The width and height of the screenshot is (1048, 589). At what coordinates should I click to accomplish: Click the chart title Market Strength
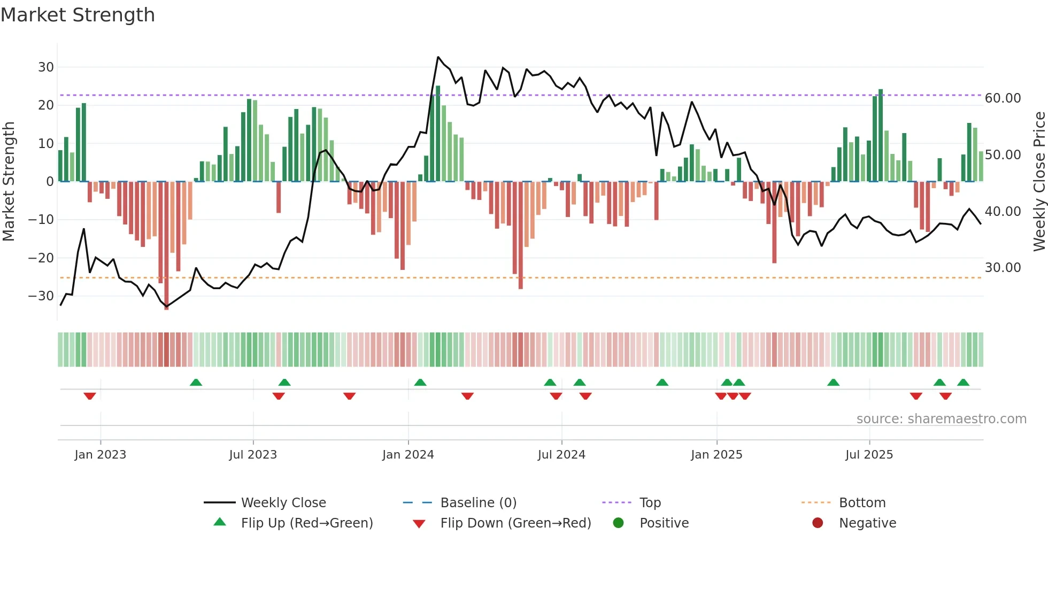point(78,15)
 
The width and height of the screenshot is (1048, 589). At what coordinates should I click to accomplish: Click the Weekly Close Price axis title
point(1039,181)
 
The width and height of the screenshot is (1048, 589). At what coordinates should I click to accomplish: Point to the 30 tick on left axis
point(46,67)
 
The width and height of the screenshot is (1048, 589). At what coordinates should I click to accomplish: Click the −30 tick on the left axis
point(41,296)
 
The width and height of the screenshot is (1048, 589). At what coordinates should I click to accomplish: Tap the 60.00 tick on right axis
point(1003,98)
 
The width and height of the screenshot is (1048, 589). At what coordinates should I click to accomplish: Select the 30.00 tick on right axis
point(1003,268)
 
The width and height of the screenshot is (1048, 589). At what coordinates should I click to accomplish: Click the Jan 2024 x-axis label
point(408,455)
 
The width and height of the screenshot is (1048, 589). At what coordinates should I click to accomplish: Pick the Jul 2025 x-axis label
point(869,455)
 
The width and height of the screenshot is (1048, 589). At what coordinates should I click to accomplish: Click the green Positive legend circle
point(619,523)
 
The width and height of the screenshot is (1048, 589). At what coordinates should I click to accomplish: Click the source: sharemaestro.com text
point(941,419)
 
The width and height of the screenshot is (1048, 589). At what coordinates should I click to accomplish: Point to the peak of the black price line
point(438,57)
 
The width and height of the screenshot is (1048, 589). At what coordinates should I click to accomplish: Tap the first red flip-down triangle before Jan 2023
point(90,396)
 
